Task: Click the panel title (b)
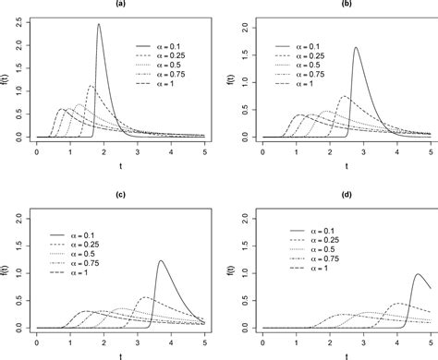point(347,5)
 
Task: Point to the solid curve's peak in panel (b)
point(356,48)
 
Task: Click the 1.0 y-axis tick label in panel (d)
point(240,273)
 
